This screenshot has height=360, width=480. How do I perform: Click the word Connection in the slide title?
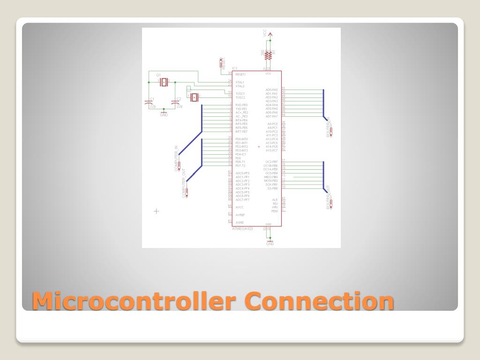tap(320, 301)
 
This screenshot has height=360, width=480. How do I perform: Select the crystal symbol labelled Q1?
tap(163, 82)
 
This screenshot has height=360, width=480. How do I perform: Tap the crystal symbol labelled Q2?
tap(194, 97)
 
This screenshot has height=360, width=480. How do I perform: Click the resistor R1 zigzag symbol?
tap(268, 55)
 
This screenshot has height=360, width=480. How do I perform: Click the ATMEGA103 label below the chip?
tap(242, 229)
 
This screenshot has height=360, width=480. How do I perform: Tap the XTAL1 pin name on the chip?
tap(240, 82)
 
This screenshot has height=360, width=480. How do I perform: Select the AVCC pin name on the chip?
tap(240, 207)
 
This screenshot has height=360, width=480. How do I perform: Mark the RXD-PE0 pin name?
tap(241, 105)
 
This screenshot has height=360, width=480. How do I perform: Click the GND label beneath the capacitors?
tap(164, 115)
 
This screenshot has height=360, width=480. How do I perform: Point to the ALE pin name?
tap(275, 200)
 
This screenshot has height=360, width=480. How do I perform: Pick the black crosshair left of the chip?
tap(157, 211)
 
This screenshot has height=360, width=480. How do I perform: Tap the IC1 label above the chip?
tap(234, 68)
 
